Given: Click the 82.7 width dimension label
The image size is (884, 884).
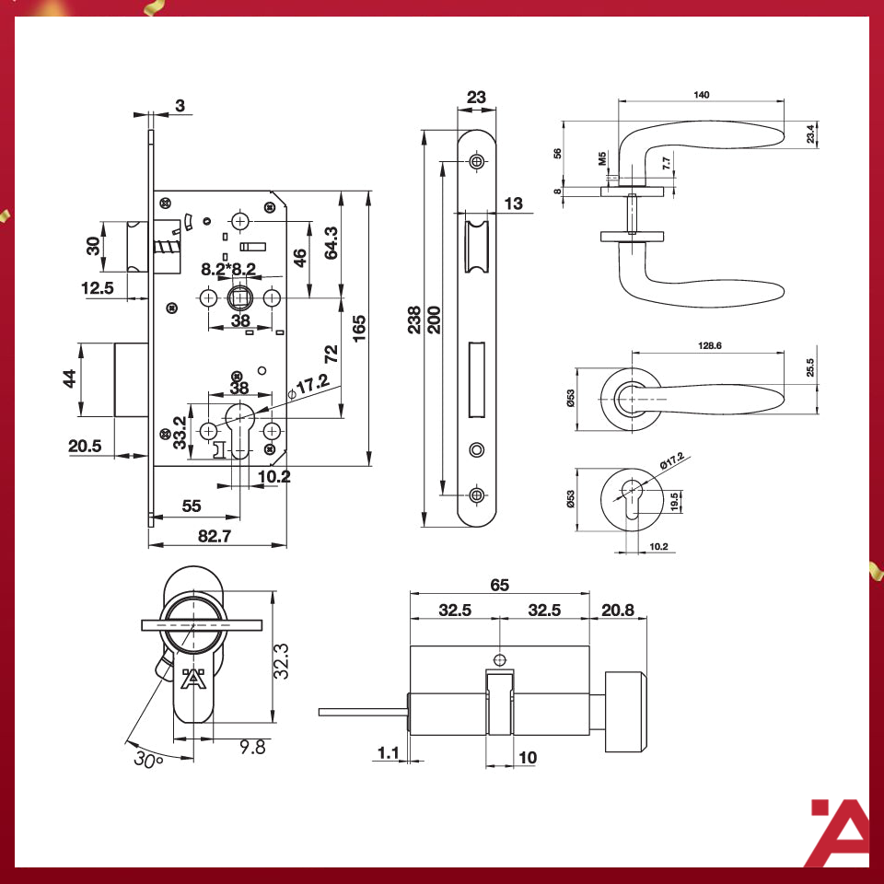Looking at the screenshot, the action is coord(215,535).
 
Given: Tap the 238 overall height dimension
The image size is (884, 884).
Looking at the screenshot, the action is coord(414,320).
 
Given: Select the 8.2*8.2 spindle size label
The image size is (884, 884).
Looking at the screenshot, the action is coord(228,269).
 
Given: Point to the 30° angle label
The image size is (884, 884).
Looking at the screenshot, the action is coord(148,759).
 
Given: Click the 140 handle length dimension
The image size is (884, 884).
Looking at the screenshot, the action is coord(701,95).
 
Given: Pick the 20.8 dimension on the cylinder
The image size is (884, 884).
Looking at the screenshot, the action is coord(617,610).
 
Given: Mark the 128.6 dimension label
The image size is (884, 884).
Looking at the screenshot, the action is coord(709,345).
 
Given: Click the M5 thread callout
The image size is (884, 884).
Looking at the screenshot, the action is coord(602,158).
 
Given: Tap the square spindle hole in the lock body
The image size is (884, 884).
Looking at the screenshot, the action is coord(239,297).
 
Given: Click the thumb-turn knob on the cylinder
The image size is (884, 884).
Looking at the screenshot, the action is coord(625,712).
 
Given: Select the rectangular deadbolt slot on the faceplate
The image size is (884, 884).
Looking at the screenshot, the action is coord(477,379).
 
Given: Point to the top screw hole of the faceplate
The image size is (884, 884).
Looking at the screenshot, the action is coord(476,162).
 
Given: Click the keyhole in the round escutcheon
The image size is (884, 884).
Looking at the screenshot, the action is coord(632,499).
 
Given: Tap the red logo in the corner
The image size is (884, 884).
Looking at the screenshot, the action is coord(840,832).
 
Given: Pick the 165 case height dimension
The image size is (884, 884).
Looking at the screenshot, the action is coord(358,328).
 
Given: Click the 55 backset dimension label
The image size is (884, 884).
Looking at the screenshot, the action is coord(192,506).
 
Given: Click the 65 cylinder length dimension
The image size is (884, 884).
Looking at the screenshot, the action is coord(499,585).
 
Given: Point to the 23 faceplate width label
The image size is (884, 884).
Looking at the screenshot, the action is coord(476,97).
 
